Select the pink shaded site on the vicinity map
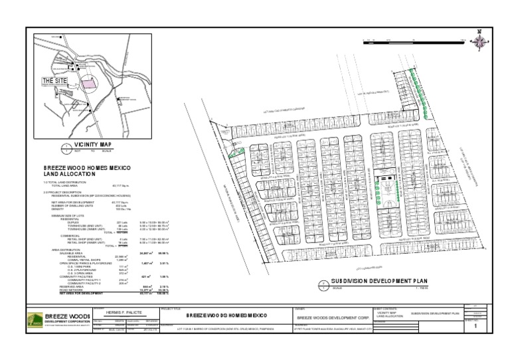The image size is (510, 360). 89,82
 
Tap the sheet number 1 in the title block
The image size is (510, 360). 475,326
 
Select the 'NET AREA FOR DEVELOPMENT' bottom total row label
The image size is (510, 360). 64,292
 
